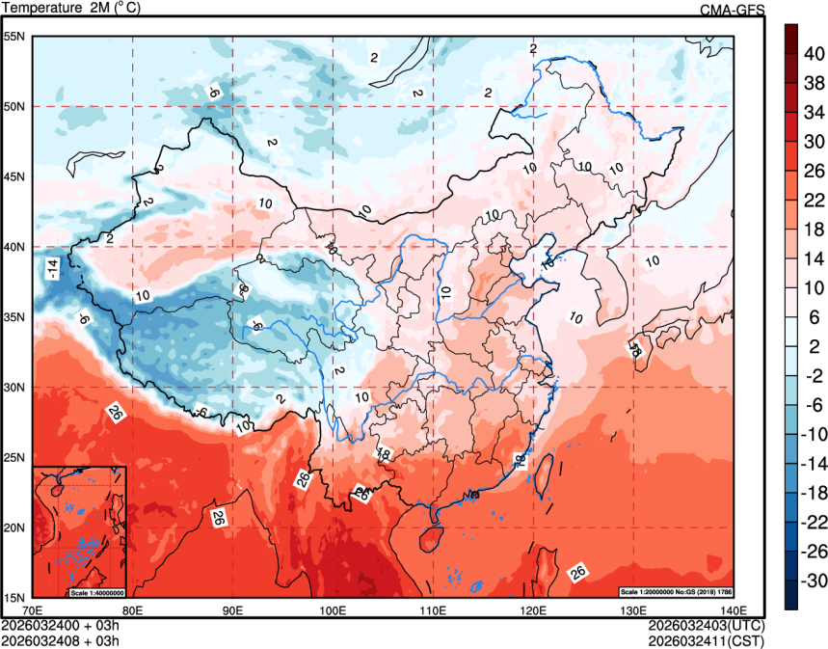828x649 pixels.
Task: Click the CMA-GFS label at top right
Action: tap(732, 10)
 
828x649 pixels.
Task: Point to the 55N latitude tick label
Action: tap(14, 36)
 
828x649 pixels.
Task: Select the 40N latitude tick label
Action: tap(14, 247)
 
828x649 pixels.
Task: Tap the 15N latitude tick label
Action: tap(14, 597)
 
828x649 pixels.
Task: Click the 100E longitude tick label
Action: tap(333, 610)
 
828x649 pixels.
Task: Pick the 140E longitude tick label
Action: tap(733, 610)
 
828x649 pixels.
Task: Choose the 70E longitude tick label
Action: tap(32, 610)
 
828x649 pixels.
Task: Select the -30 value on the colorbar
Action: tap(814, 580)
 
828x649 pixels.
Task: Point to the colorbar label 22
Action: tap(814, 199)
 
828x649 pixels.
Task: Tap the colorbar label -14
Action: tap(814, 463)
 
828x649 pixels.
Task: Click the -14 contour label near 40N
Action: tap(52, 269)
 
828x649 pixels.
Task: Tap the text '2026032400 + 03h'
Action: tap(60, 625)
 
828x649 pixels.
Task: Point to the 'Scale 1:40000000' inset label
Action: tap(96, 591)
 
